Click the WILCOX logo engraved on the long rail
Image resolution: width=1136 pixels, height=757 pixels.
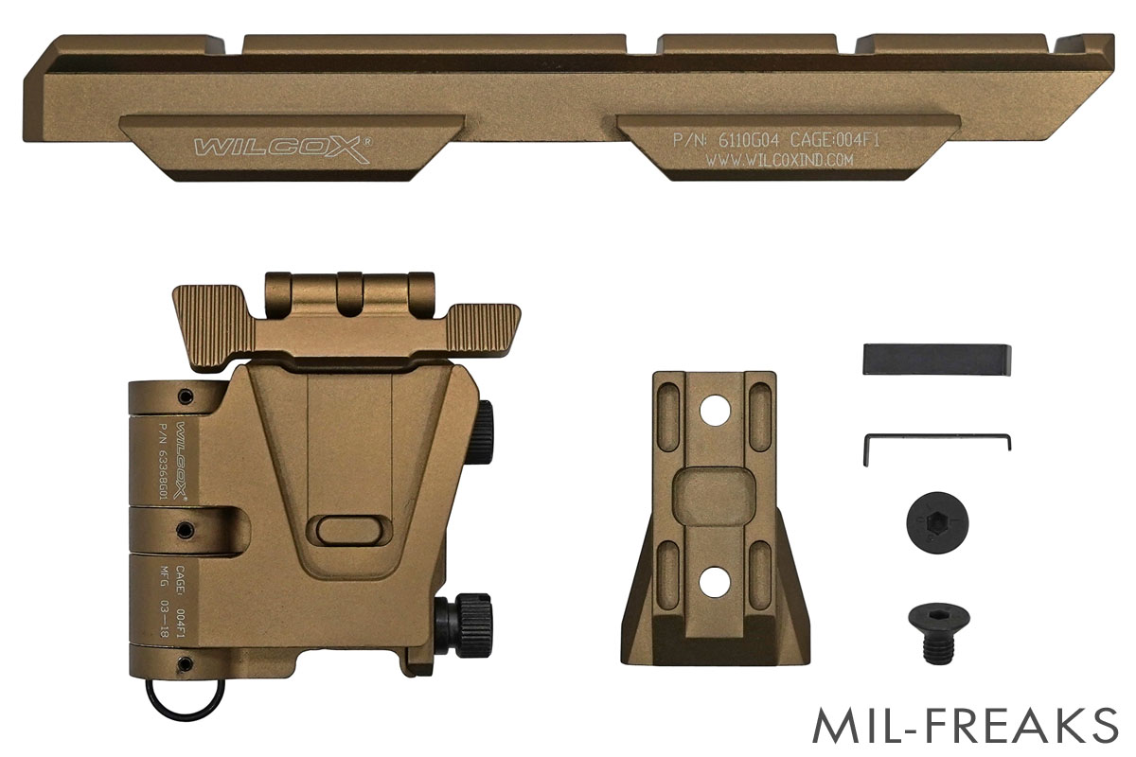tap(282, 150)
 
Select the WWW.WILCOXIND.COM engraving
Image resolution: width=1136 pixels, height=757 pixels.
tap(779, 160)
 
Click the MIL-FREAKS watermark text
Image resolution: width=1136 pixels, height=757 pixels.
tap(965, 725)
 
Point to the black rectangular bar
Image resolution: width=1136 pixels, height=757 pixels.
tap(936, 360)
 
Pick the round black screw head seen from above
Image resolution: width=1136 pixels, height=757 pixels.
tap(937, 522)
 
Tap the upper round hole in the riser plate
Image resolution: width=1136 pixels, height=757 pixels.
tap(715, 410)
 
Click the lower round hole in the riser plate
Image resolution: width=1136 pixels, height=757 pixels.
tap(715, 581)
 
